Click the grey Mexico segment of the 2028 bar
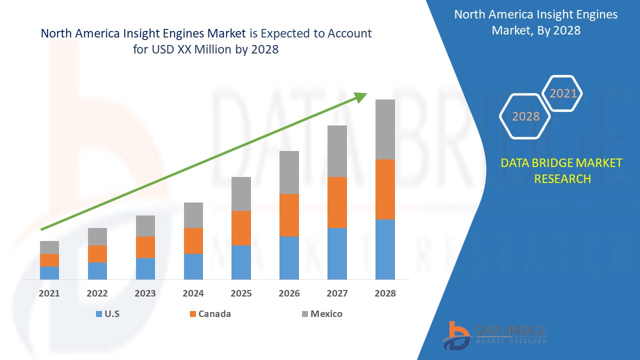pyautogui.click(x=385, y=129)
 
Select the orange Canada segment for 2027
pyautogui.click(x=337, y=202)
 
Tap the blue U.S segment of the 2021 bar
pyautogui.click(x=49, y=273)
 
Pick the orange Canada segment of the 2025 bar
pyautogui.click(x=241, y=228)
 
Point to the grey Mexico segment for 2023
pyautogui.click(x=145, y=226)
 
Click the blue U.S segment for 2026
pyautogui.click(x=289, y=258)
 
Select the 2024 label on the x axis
pyautogui.click(x=193, y=293)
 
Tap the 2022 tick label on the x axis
pyautogui.click(x=97, y=293)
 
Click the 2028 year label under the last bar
pyautogui.click(x=385, y=293)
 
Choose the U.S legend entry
pyautogui.click(x=108, y=314)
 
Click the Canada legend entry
pyautogui.click(x=210, y=314)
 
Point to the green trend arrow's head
pyautogui.click(x=361, y=96)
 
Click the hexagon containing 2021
pyautogui.click(x=563, y=93)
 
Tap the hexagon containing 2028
pyautogui.click(x=525, y=116)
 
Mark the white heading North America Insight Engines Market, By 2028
pyautogui.click(x=535, y=22)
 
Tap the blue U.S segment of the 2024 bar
pyautogui.click(x=193, y=266)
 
